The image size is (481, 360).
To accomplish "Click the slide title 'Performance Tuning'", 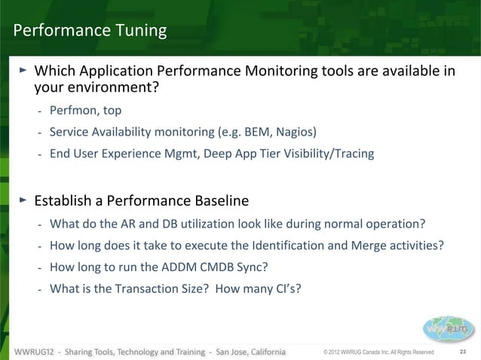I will coord(90,31).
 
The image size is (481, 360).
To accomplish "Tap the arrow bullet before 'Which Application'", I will coord(23,71).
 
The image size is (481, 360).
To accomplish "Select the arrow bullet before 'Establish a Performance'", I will coord(23,200).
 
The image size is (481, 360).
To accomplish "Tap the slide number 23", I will coord(464,352).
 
